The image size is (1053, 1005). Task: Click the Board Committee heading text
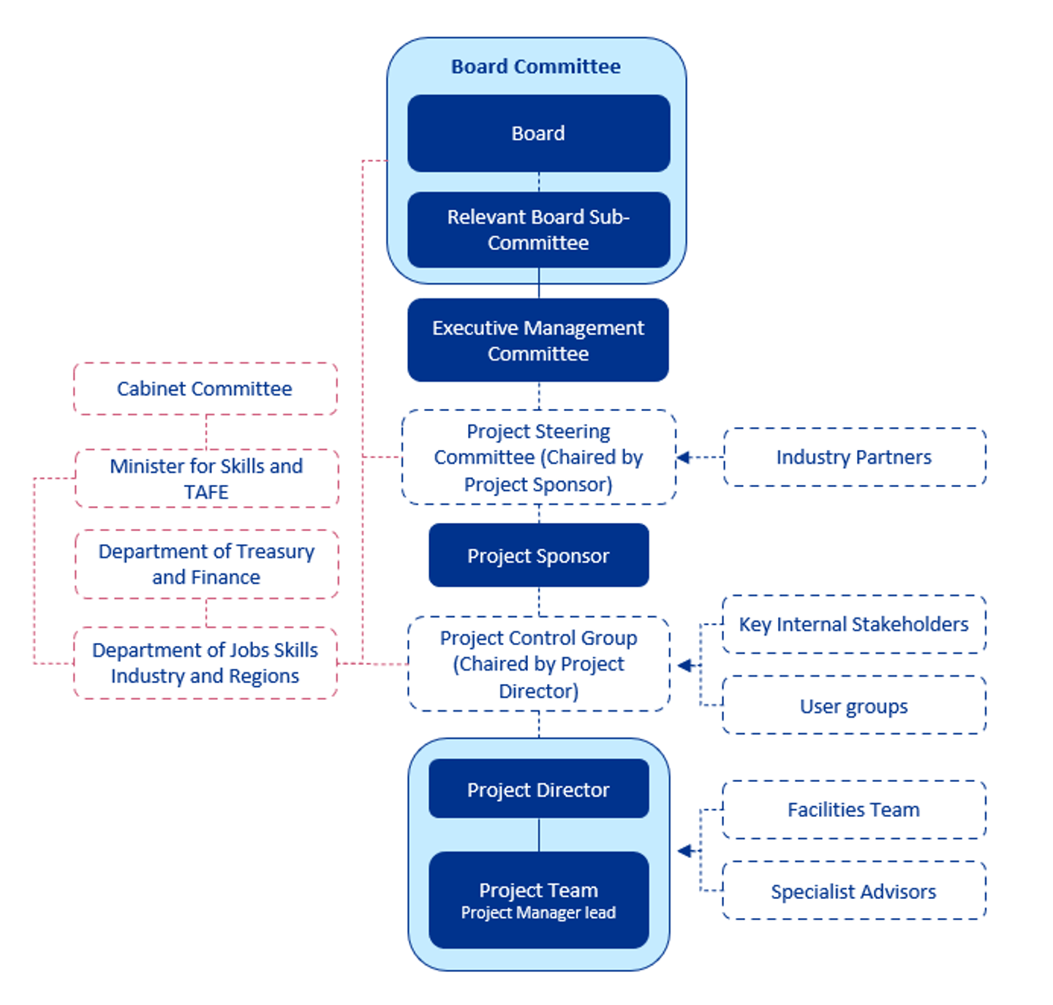pyautogui.click(x=535, y=67)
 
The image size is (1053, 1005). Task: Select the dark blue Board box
pyautogui.click(x=538, y=133)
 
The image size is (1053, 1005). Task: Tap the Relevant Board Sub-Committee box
pyautogui.click(x=538, y=230)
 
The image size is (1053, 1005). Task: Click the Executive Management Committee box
pyautogui.click(x=538, y=340)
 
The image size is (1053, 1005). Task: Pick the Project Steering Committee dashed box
pyautogui.click(x=538, y=457)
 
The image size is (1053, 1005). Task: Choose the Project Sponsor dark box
pyautogui.click(x=538, y=555)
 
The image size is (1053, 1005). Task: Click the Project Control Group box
pyautogui.click(x=538, y=663)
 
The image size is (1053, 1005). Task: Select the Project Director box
pyautogui.click(x=538, y=788)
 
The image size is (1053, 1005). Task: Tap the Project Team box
pyautogui.click(x=538, y=891)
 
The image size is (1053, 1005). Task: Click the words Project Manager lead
pyautogui.click(x=538, y=913)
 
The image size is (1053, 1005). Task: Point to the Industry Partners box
pyautogui.click(x=853, y=457)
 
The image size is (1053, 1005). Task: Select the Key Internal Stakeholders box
pyautogui.click(x=853, y=624)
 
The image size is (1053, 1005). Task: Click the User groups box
pyautogui.click(x=853, y=706)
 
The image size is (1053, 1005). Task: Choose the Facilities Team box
pyautogui.click(x=853, y=810)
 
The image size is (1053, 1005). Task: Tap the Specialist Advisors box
pyautogui.click(x=853, y=891)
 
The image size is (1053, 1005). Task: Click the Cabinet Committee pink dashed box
pyautogui.click(x=205, y=388)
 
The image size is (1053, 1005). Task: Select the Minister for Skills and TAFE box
pyautogui.click(x=206, y=478)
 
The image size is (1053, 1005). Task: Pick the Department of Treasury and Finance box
pyautogui.click(x=206, y=564)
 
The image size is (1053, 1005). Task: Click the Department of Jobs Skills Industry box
pyautogui.click(x=205, y=663)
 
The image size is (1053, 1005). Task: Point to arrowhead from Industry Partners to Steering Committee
pyautogui.click(x=683, y=458)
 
